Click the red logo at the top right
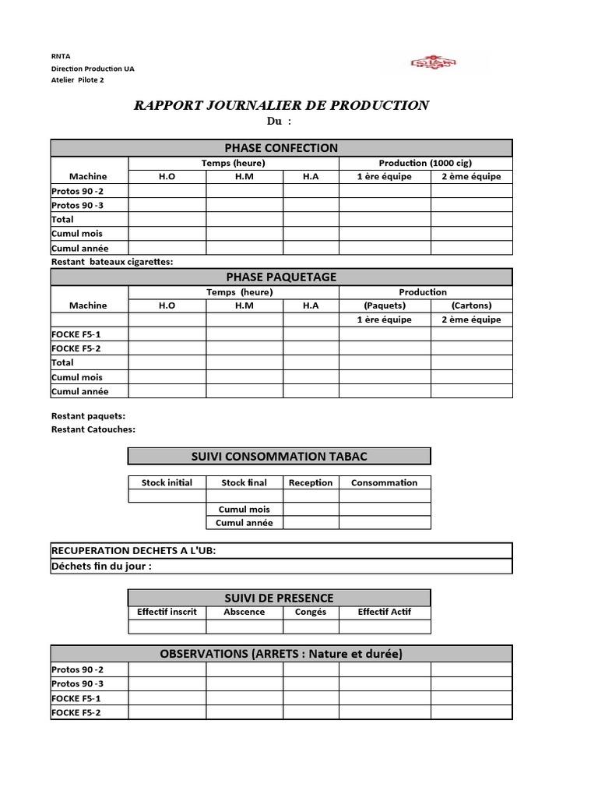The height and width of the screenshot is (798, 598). [x=434, y=63]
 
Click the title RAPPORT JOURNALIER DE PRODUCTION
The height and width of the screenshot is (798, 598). [x=281, y=105]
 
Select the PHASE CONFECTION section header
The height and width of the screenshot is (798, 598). [x=281, y=148]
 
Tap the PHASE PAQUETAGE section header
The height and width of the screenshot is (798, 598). [x=281, y=277]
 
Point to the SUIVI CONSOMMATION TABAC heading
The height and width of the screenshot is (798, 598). [x=279, y=456]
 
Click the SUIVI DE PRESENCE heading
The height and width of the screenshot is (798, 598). [x=279, y=598]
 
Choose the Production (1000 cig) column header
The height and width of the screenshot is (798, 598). [x=425, y=163]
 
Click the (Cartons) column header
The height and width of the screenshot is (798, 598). [x=471, y=305]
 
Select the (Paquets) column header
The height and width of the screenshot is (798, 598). [x=385, y=305]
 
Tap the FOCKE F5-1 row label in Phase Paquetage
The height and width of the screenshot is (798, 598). [x=76, y=334]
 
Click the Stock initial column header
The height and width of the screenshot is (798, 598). [x=167, y=482]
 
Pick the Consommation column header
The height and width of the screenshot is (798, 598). [x=384, y=482]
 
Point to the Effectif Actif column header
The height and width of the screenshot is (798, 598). [x=384, y=612]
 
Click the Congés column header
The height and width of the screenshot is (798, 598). [x=311, y=612]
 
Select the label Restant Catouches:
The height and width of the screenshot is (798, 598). [x=93, y=429]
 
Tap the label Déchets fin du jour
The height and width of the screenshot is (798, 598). [x=101, y=566]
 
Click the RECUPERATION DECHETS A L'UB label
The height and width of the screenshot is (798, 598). [x=133, y=551]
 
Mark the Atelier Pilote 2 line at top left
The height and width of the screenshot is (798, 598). [x=77, y=79]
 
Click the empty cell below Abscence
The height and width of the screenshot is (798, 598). [x=244, y=627]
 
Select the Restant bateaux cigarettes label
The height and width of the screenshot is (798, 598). [x=112, y=262]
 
